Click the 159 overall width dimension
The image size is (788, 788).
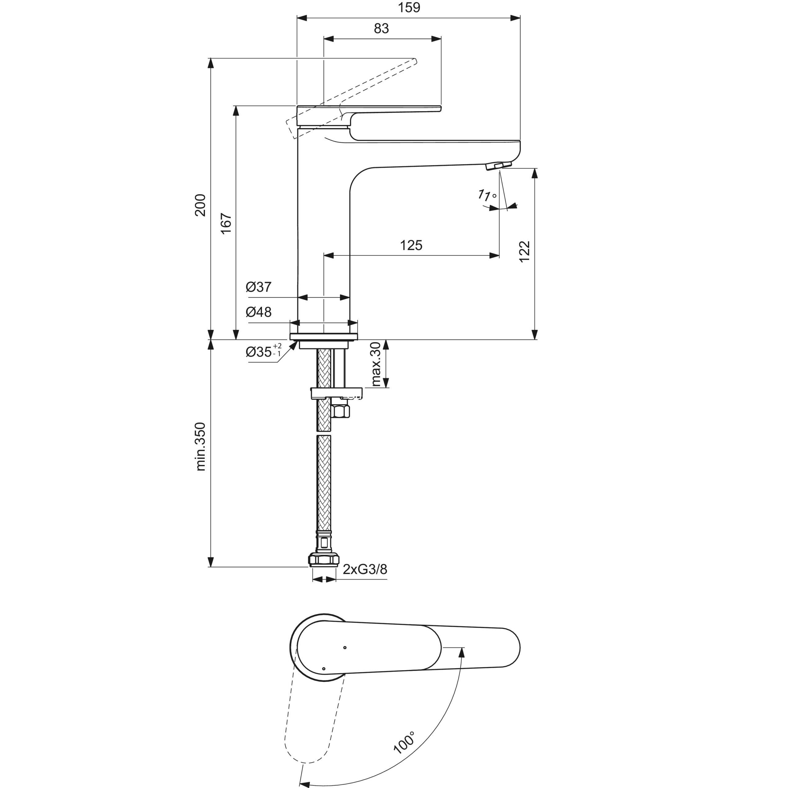tap(409, 8)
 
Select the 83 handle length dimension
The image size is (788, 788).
tap(381, 29)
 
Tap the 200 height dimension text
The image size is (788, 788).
tap(200, 205)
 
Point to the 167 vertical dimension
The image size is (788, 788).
tap(226, 223)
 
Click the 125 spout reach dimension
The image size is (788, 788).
tap(411, 245)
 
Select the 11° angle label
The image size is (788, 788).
tap(487, 195)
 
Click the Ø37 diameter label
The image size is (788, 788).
tap(259, 287)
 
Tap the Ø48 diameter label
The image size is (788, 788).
tap(259, 312)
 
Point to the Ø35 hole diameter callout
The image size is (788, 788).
tap(263, 351)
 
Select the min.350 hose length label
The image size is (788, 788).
tap(200, 447)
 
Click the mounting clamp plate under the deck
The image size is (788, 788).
tap(336, 393)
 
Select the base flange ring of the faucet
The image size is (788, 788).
tap(324, 336)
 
